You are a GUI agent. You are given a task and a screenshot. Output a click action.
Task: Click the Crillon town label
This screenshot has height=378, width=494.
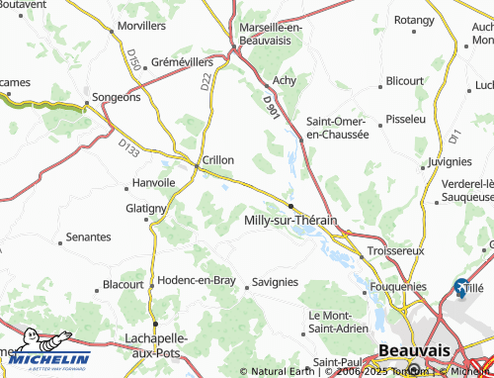pyautogui.click(x=217, y=158)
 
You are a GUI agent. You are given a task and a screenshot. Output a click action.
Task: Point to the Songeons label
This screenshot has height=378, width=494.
pyautogui.click(x=117, y=97)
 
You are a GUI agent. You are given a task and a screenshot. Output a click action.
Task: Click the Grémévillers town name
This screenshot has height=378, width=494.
pyautogui.click(x=188, y=62)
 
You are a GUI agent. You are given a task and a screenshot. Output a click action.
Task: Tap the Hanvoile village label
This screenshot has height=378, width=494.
pyautogui.click(x=153, y=182)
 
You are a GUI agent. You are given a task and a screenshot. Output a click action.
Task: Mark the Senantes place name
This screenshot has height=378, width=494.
pyautogui.click(x=88, y=238)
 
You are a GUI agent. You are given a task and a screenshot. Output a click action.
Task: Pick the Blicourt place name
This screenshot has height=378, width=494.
pyautogui.click(x=405, y=80)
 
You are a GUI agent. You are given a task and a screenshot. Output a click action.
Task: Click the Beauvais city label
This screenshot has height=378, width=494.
pyautogui.click(x=414, y=350)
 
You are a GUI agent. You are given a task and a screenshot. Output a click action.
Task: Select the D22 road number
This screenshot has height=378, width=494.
pyautogui.click(x=206, y=82)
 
